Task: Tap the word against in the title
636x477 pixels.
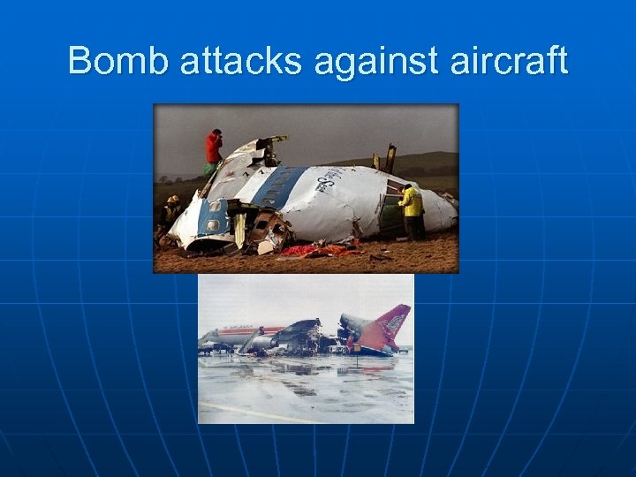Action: coord(383,61)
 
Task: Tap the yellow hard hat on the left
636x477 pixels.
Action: coord(173,200)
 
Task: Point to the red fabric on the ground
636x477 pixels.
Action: coord(309,252)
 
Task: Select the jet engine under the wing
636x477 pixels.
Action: coord(262,342)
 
